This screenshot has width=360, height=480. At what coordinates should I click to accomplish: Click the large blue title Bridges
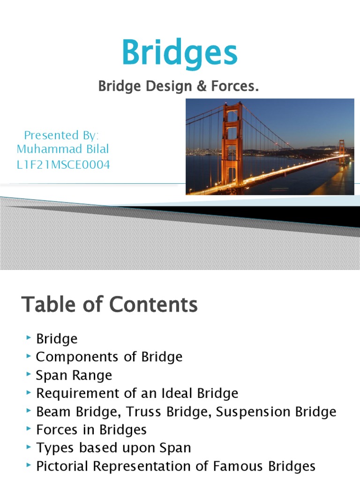[x=180, y=54]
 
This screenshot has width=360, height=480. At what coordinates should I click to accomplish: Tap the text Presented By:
[x=61, y=135]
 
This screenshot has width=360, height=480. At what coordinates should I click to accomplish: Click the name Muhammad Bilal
[x=63, y=149]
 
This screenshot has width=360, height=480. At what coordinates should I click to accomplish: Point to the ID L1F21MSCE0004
[x=64, y=165]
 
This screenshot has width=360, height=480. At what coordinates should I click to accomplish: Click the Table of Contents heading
[x=110, y=305]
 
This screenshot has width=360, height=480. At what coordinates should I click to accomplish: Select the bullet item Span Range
[x=74, y=375]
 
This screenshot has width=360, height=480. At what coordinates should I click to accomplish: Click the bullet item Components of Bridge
[x=109, y=357]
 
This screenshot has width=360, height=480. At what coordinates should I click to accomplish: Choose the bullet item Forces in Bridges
[x=91, y=429]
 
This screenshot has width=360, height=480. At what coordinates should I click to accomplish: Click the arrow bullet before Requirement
[x=29, y=393]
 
